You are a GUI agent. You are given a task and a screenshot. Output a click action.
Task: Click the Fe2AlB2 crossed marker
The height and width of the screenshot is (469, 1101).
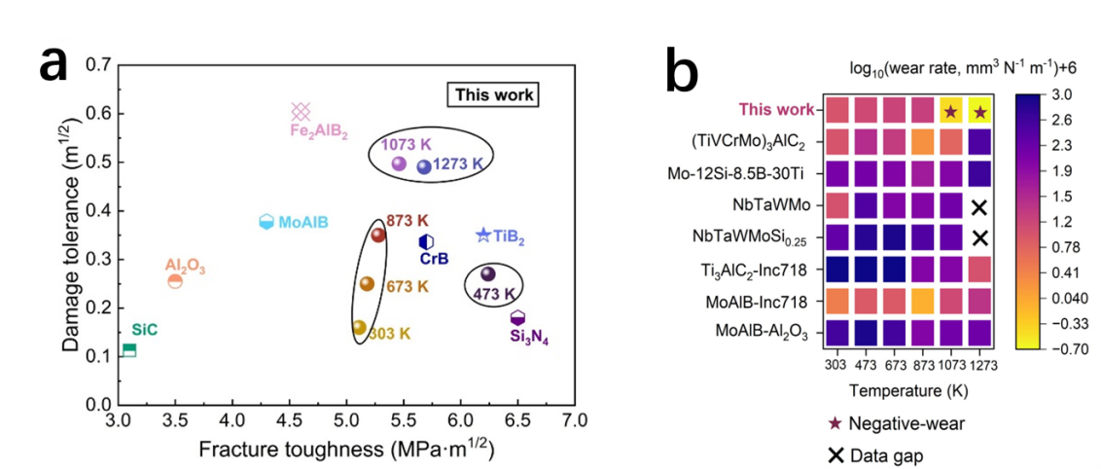[x=302, y=111]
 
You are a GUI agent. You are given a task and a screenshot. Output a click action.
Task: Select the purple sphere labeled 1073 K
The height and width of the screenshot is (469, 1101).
[x=398, y=163]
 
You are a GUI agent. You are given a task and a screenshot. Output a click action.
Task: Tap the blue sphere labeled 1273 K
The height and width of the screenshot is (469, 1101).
[x=424, y=166]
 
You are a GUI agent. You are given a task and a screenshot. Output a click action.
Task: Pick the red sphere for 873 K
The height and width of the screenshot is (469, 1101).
[x=378, y=234]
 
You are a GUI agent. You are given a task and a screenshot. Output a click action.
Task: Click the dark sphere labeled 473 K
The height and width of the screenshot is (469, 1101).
[x=488, y=274]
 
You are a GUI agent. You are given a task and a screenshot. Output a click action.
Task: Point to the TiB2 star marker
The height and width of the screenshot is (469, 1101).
[x=483, y=235]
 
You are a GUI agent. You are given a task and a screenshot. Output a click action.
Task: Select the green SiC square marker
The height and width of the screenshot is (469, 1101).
[x=128, y=350]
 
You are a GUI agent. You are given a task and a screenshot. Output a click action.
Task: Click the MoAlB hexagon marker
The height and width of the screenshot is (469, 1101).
[x=266, y=222]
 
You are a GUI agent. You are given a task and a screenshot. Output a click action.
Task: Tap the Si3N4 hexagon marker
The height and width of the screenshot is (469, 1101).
[x=518, y=318]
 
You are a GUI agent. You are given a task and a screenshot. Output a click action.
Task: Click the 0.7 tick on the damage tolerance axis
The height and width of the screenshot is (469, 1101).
[x=96, y=65]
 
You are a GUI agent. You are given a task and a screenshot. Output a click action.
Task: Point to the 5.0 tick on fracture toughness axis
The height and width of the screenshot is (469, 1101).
[x=346, y=421]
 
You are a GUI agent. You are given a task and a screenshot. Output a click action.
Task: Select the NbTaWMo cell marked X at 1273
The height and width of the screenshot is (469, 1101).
[x=978, y=206]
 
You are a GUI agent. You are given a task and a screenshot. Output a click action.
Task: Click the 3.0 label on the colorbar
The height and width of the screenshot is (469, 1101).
[x=1063, y=94]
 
